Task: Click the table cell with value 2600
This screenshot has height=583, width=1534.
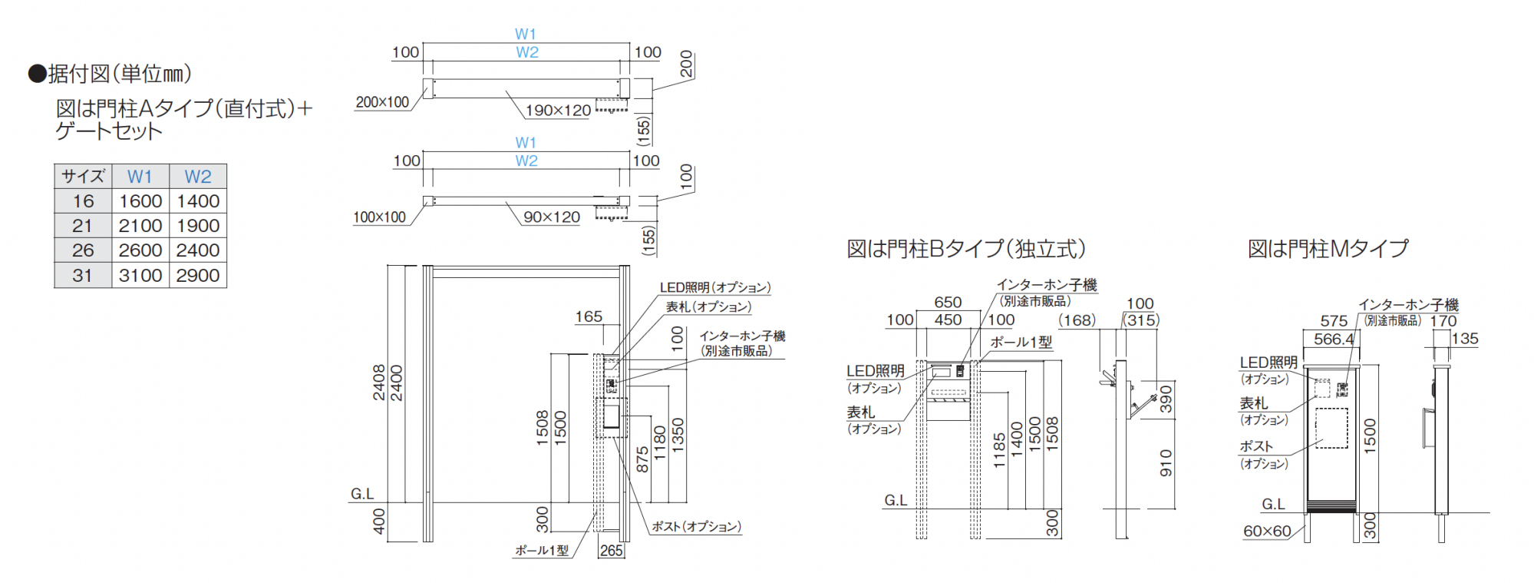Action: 140,250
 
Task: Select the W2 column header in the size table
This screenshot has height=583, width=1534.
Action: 198,177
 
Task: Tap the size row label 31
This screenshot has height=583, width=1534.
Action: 83,275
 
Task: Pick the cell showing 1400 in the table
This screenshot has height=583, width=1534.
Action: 198,201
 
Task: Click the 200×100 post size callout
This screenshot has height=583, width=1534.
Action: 382,102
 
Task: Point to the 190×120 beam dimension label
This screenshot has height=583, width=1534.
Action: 558,111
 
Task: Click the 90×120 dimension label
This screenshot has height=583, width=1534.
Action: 552,217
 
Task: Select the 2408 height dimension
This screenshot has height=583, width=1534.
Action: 379,383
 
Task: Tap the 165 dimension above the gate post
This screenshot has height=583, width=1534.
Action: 589,316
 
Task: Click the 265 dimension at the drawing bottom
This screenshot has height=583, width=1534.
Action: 612,551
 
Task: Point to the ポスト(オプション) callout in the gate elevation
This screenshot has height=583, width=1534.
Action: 696,527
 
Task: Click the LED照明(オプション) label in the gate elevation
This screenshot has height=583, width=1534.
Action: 715,287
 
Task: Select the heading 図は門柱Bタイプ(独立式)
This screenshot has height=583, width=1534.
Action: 966,249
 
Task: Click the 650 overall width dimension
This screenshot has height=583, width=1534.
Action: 948,303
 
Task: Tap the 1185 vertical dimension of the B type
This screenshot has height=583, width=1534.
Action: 999,450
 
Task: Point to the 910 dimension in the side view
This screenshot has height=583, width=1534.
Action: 1166,463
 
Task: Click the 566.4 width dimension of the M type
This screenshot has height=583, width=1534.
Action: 1334,339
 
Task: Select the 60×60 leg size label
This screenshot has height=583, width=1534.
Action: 1267,531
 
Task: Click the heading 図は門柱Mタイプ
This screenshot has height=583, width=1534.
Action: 1328,249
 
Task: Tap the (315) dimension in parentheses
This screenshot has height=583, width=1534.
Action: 1142,320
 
